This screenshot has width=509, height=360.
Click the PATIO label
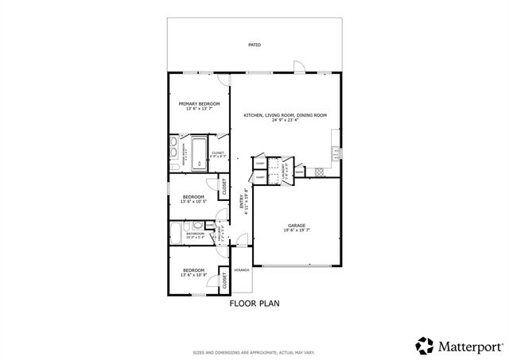coord(254,45)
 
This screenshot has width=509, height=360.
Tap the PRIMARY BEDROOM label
coord(199,104)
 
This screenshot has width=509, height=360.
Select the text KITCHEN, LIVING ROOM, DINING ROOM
coord(286,115)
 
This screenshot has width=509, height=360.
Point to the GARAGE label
coord(297,225)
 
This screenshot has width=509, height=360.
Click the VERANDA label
coord(241,270)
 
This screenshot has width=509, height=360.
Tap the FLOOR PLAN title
coord(254,303)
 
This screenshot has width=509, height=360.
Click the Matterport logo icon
coord(425,345)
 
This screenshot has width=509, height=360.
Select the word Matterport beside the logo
coord(468,346)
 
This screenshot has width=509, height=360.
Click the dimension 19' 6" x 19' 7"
coord(297,231)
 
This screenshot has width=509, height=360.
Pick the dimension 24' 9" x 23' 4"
coord(286,121)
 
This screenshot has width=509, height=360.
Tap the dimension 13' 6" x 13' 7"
coord(199,110)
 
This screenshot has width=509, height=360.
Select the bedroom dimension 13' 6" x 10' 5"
coord(193,201)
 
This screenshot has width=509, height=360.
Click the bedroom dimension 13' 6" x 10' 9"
coord(193,275)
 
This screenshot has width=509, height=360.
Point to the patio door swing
coord(297,65)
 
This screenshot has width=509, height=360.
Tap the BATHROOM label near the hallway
coord(196,234)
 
